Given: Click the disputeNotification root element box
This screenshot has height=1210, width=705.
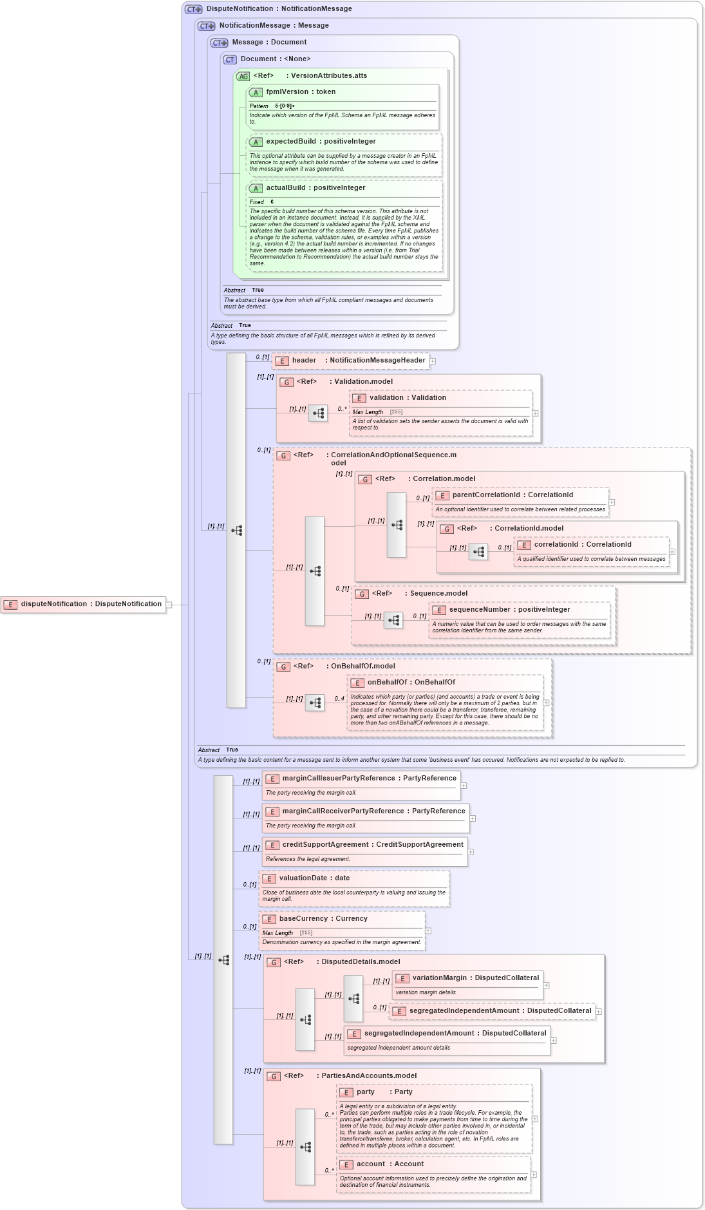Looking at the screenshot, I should (84, 605).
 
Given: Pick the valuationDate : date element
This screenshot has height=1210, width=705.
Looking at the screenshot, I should (314, 878).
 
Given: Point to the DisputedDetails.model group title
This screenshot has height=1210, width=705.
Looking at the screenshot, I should (361, 962).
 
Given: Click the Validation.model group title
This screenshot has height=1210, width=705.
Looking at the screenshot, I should (363, 382).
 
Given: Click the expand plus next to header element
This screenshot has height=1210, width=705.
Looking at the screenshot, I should (433, 361).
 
